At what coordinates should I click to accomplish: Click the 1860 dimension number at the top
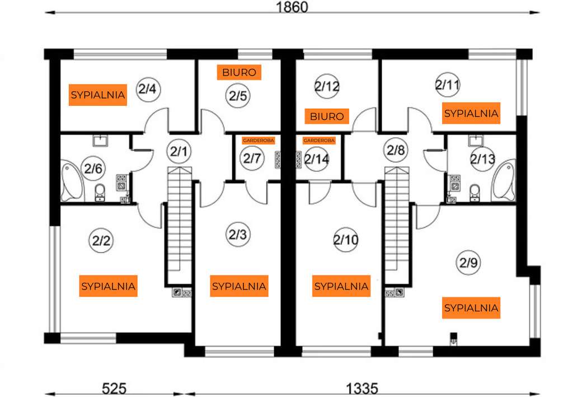292,7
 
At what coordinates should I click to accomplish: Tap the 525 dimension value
114,388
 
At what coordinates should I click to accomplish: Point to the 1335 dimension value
362,388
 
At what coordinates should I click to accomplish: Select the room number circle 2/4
148,89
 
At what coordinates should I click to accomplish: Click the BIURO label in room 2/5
239,72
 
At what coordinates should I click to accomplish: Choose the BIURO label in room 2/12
327,116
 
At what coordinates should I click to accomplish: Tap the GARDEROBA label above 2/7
259,141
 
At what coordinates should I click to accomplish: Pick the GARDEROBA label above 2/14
319,141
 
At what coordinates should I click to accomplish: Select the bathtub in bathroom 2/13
504,181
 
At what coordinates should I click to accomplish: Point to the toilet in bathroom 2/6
100,192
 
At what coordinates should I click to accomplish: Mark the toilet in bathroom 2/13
475,193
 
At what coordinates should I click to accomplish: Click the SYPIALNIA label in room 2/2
108,286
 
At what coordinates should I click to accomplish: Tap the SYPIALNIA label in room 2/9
471,308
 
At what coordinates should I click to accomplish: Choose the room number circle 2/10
346,240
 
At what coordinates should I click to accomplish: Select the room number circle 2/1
179,151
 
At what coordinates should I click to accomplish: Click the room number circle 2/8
396,150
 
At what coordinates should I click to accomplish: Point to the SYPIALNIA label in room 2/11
471,113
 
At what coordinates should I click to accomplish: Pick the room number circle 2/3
238,234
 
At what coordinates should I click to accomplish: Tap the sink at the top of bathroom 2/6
100,141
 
